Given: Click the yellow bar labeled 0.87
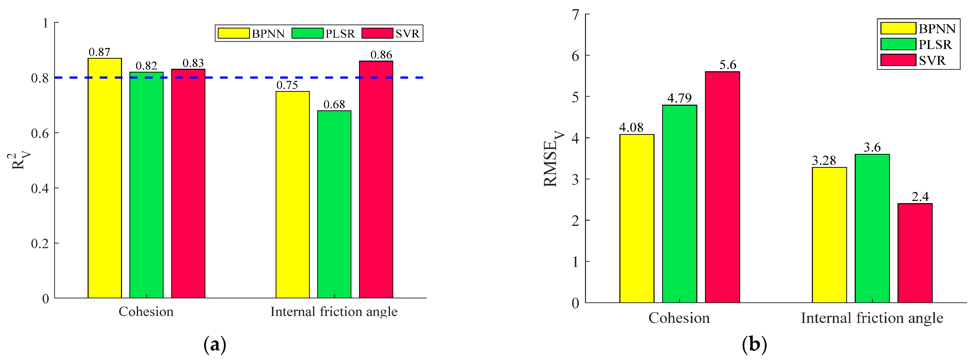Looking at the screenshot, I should pos(104,178).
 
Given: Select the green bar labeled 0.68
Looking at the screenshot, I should pos(334,204).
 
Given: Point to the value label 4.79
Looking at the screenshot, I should pos(679,98).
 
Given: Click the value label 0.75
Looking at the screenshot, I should pos(287,85).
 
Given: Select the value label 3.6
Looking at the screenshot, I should pos(872,147).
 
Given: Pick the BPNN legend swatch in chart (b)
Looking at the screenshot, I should pos(898,28).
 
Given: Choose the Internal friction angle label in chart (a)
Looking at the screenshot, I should pos(334,312).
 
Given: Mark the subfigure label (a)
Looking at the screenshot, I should pos(215,344).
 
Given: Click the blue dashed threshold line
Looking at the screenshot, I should pos(242,78).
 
